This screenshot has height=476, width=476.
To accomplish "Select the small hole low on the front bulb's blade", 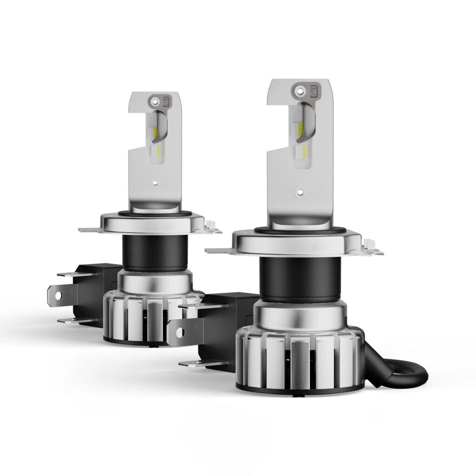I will [299, 190].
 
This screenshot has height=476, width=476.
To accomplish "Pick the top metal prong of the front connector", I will [196, 307].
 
